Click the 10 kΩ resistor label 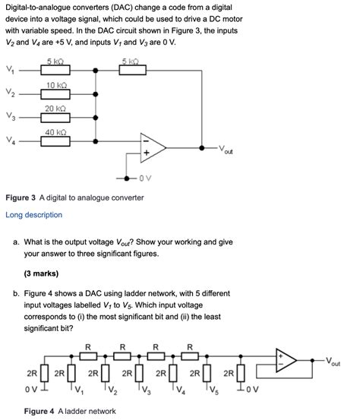(54, 85)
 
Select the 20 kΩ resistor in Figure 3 (54, 116)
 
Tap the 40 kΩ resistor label (54, 132)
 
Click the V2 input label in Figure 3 (8, 95)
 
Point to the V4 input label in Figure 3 (8, 141)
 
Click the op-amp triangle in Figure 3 (152, 146)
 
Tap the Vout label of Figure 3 (225, 149)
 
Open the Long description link (33, 215)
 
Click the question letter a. (16, 242)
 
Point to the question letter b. (16, 293)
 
